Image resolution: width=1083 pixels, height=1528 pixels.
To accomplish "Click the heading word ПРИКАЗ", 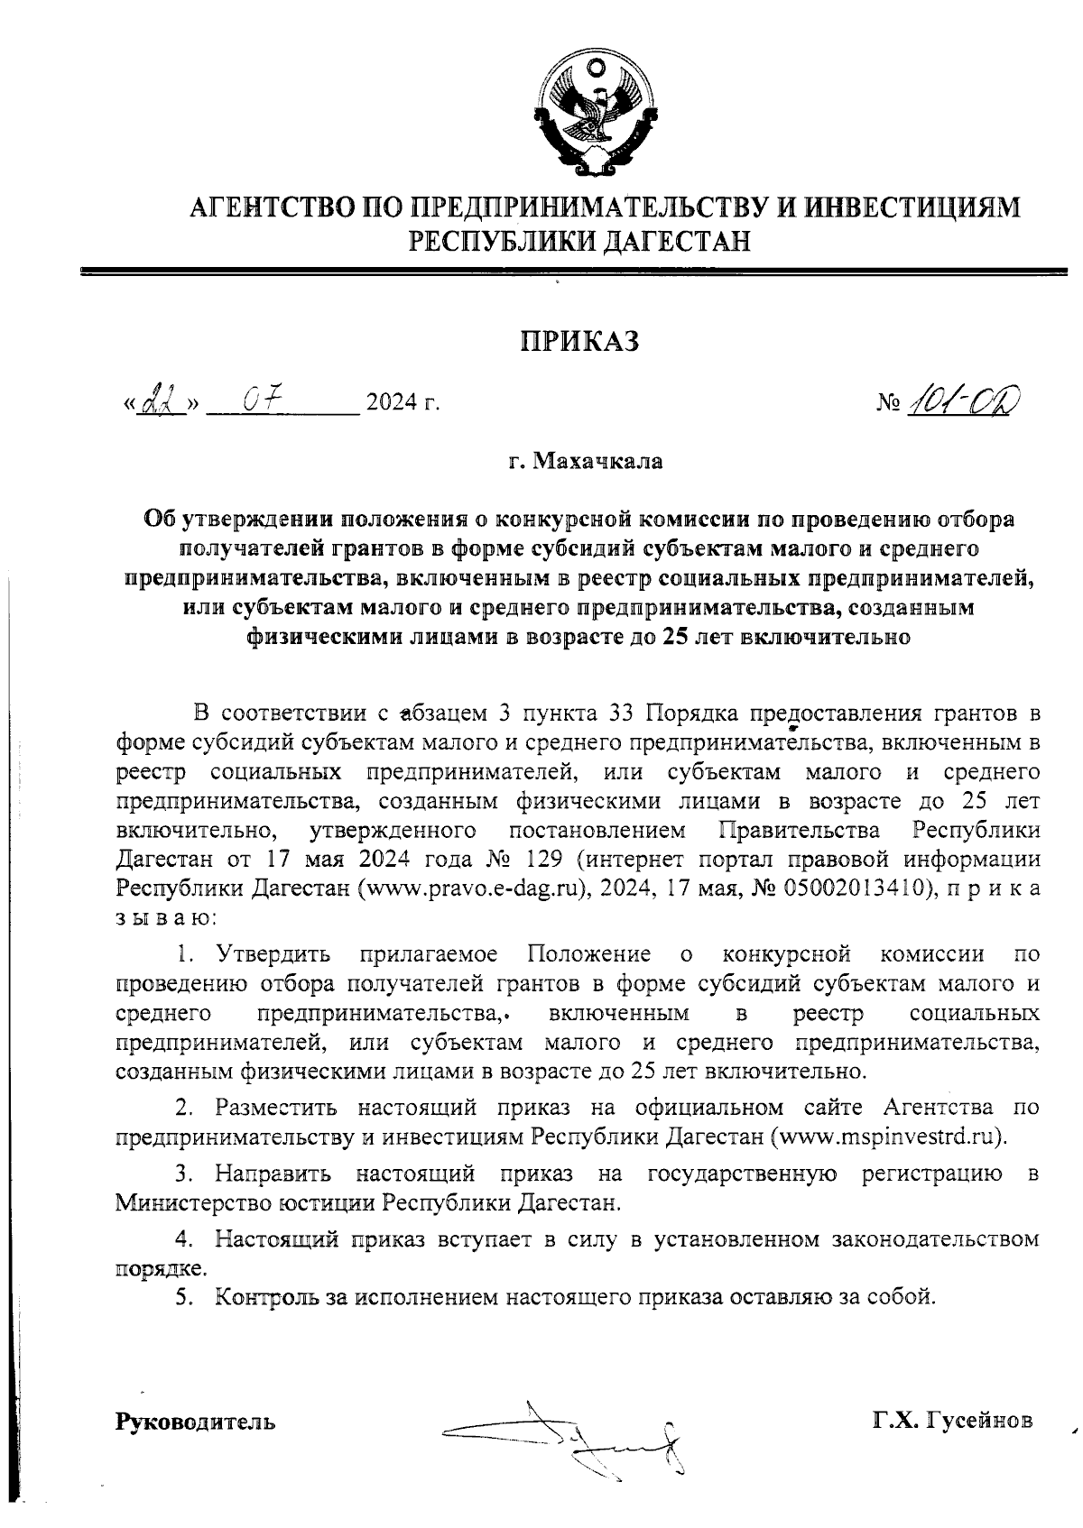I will click(579, 342).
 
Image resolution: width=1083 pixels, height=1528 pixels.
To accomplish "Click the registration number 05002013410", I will click(851, 888).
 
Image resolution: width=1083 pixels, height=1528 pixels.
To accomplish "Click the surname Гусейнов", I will click(983, 1421).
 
